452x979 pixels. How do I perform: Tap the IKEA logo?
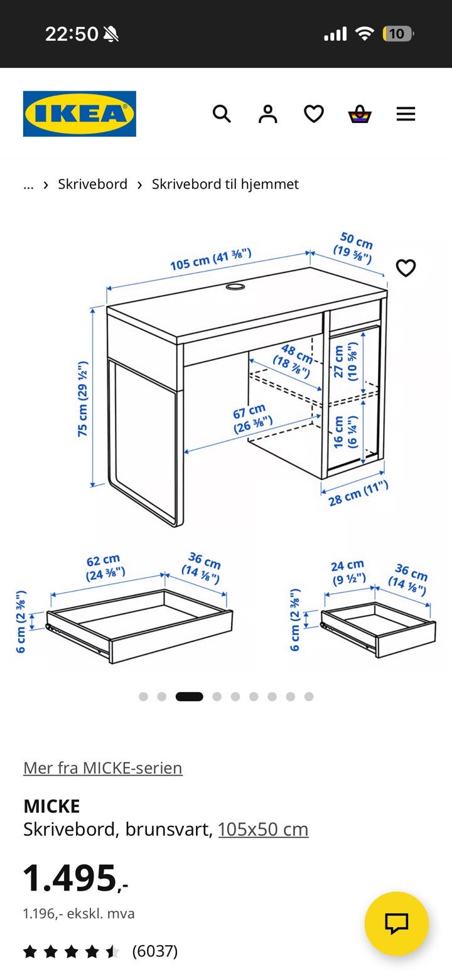[x=80, y=114]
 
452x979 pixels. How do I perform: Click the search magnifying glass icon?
[x=222, y=114]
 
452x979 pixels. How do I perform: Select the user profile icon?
[x=267, y=114]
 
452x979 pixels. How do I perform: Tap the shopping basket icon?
[x=359, y=114]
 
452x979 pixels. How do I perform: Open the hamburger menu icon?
[x=406, y=114]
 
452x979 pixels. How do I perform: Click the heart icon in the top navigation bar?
[x=314, y=114]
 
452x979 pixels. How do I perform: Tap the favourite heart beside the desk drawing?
[x=406, y=268]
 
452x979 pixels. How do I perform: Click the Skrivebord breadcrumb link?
[x=93, y=184]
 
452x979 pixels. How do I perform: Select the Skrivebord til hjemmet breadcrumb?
[x=225, y=185]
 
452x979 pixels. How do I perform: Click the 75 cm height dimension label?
[x=83, y=399]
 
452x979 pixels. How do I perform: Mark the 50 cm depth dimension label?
[x=354, y=248]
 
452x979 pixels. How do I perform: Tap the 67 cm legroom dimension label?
[x=252, y=418]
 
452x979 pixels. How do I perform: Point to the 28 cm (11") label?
[x=358, y=493]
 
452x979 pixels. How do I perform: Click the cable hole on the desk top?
[x=235, y=287]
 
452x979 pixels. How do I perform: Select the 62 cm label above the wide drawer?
[x=105, y=567]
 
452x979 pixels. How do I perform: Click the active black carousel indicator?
[x=190, y=696]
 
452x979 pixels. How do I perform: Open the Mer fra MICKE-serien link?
[x=103, y=768]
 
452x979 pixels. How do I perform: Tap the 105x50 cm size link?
[x=263, y=829]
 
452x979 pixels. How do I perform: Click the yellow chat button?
[x=397, y=924]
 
